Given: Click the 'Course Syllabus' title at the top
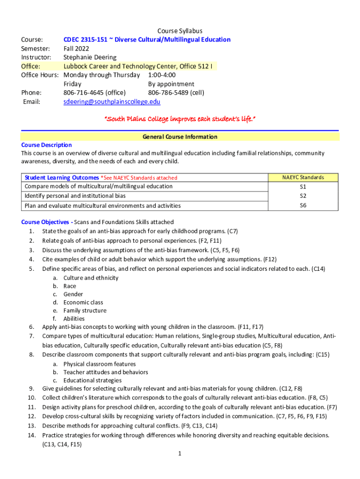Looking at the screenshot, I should pos(180,31).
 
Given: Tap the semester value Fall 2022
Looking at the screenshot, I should pos(76,49).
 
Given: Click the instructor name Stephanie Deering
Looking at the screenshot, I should pos(90,58).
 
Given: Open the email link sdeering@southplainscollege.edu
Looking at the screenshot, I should pos(112,102).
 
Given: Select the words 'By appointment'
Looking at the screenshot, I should pos(171,84).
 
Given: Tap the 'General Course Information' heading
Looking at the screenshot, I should pos(180,137).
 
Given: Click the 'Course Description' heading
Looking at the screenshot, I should pos(46,145).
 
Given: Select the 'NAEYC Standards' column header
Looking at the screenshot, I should pos(303,177).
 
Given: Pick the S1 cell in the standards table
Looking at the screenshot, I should pos(303,187).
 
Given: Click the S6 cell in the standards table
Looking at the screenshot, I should pos(303,205).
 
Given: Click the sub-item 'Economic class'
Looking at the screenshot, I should pos(83,302).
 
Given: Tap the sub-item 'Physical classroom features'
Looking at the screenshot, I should pos(100,364).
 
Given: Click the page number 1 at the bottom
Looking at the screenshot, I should pos(180,453).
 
